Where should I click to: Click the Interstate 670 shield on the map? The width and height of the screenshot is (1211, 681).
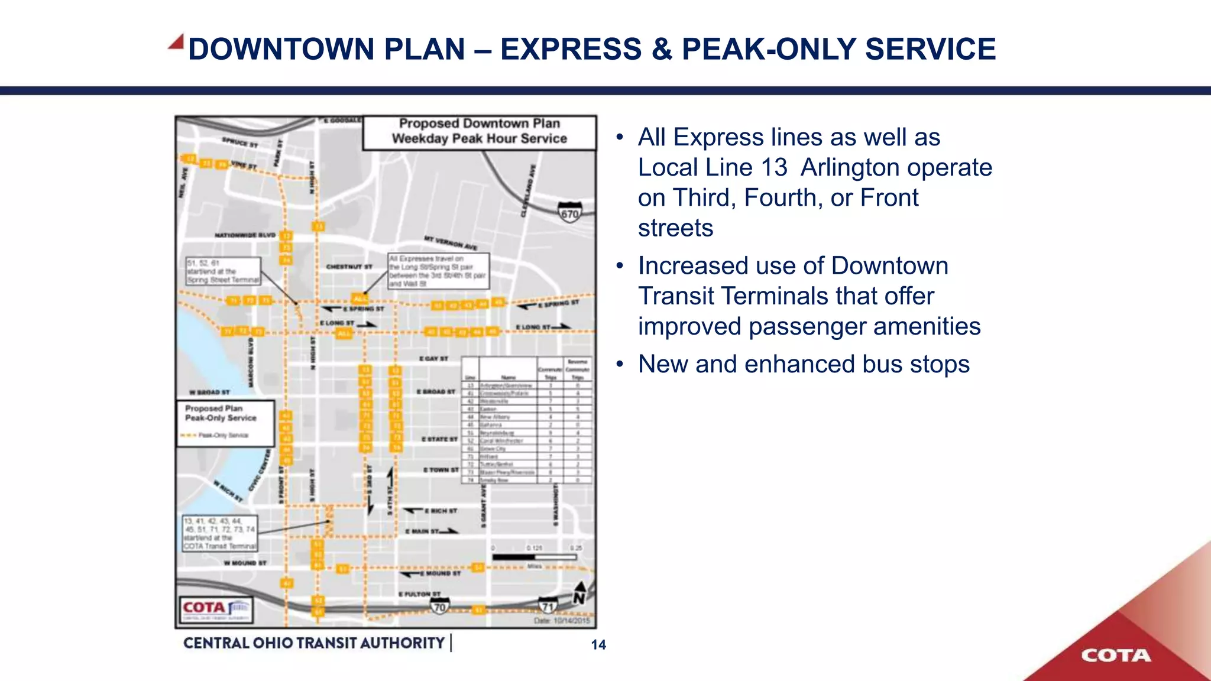[x=569, y=212]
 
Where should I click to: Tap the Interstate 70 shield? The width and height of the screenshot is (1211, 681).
[x=439, y=606]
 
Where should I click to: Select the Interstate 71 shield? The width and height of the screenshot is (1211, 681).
[x=548, y=606]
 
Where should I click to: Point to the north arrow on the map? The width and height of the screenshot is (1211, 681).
[x=579, y=593]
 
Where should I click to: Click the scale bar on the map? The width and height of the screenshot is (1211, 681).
[x=534, y=557]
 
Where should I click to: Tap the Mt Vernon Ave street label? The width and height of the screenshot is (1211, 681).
[x=451, y=242]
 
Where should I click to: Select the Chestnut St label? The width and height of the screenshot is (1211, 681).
[x=349, y=267]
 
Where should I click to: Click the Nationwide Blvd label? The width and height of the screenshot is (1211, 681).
[x=245, y=235]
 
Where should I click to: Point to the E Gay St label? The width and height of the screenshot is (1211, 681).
[x=433, y=359]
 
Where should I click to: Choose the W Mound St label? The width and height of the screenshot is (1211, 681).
[x=245, y=563]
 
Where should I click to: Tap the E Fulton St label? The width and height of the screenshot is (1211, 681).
[x=419, y=594]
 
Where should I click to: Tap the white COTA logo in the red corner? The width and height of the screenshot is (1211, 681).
[x=1116, y=656]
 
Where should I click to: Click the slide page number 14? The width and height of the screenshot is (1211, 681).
[x=598, y=645]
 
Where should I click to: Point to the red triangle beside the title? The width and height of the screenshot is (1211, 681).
[x=176, y=41]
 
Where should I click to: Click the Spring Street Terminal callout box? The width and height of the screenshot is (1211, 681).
[x=224, y=271]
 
